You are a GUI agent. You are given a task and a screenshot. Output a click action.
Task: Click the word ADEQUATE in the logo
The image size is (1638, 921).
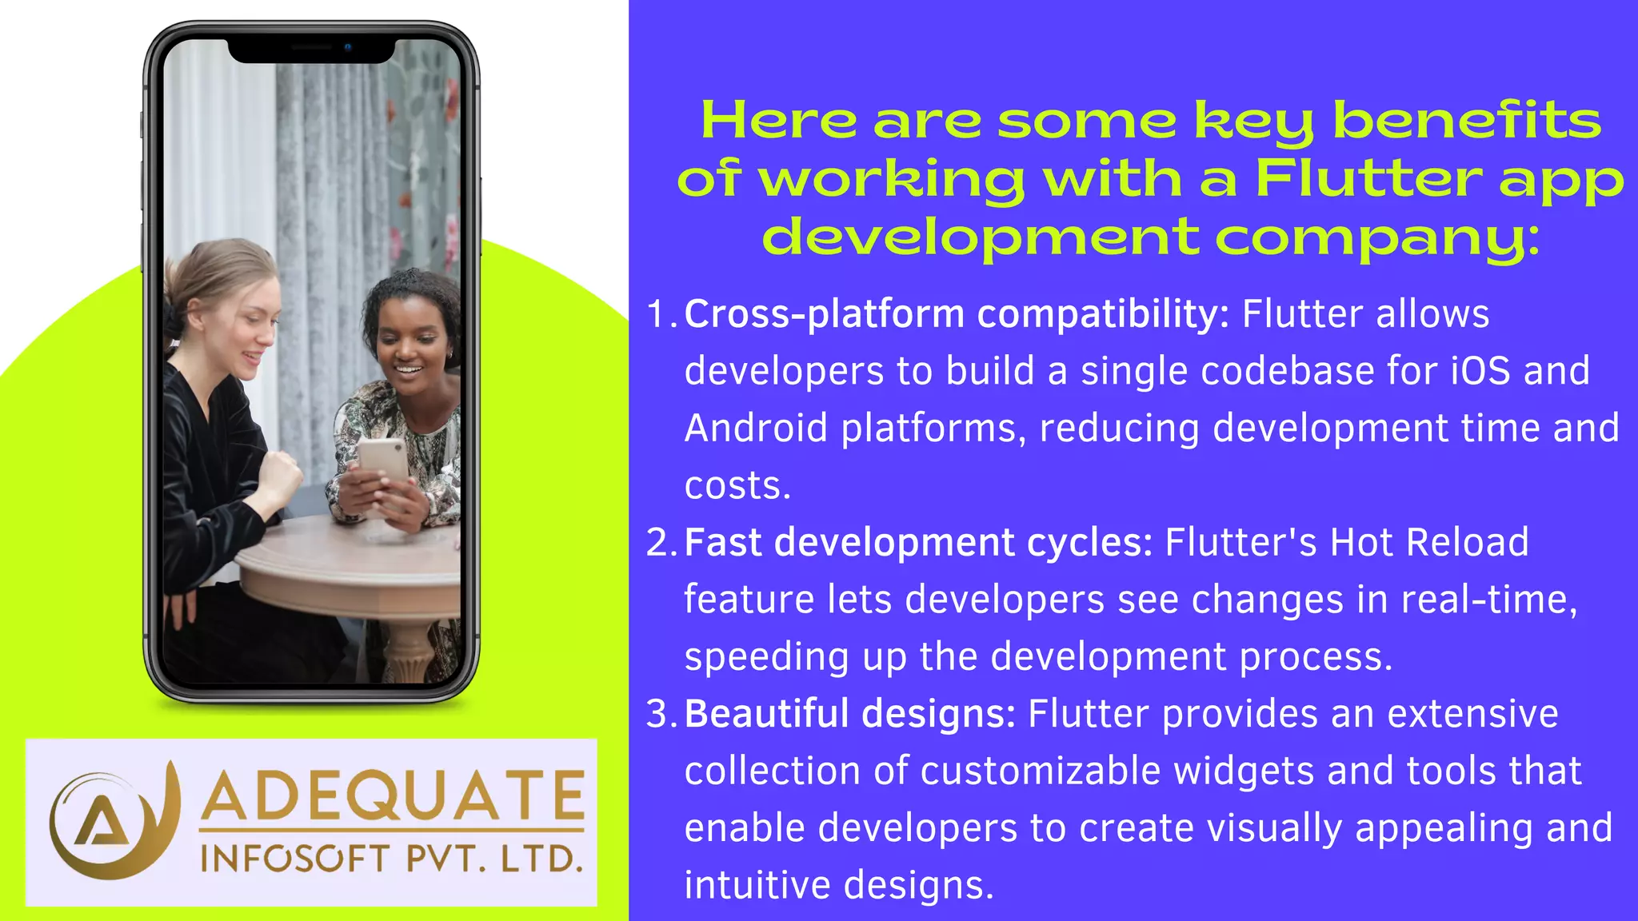pyautogui.click(x=392, y=795)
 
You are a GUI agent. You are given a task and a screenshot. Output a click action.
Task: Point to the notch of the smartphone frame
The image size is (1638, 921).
pyautogui.click(x=312, y=50)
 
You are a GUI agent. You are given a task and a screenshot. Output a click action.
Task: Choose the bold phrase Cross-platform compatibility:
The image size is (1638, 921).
pyautogui.click(x=957, y=314)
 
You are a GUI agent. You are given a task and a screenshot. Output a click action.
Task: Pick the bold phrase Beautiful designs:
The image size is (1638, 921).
pyautogui.click(x=850, y=714)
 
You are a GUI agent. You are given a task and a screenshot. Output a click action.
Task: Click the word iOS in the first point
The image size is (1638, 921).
pyautogui.click(x=1480, y=371)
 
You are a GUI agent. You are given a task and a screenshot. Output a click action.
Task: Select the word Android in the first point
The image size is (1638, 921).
pyautogui.click(x=756, y=429)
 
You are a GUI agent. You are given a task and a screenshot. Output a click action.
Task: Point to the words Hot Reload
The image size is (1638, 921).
pyautogui.click(x=1428, y=543)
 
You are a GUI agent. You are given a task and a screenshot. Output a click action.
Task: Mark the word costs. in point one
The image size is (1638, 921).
pyautogui.click(x=737, y=486)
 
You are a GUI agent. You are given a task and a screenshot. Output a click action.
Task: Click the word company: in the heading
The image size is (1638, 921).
pyautogui.click(x=1377, y=237)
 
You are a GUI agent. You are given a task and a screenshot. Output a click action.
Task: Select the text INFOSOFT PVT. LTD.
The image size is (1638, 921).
pyautogui.click(x=391, y=859)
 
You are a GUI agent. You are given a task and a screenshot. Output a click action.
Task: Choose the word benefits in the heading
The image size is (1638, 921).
pyautogui.click(x=1467, y=121)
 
